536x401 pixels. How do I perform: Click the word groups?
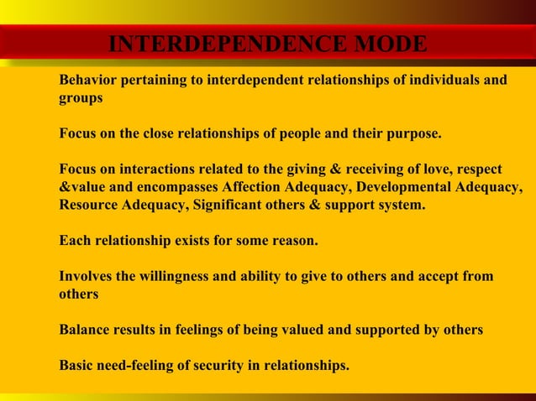coord(81,97)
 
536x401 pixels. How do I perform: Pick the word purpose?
coord(413,133)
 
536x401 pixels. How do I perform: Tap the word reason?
coord(293,241)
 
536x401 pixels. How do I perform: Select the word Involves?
coord(86,276)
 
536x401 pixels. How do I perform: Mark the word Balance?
coord(85,330)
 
